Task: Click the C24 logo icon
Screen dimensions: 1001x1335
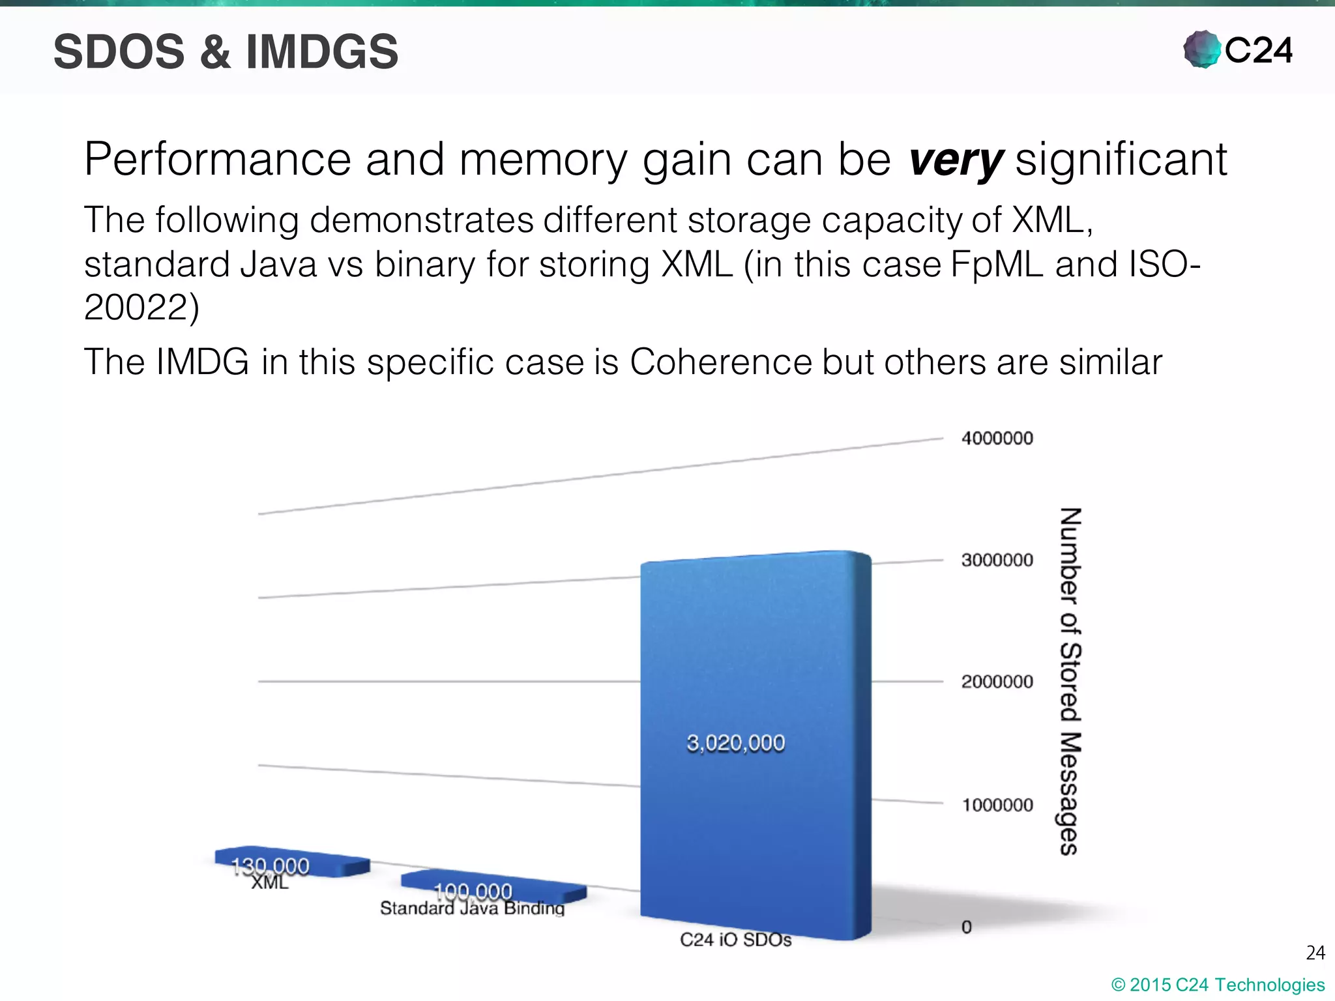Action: (1201, 50)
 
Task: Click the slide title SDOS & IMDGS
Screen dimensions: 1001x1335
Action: (226, 52)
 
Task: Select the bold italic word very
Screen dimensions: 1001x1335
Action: (956, 160)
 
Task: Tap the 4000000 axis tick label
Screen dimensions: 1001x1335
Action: (997, 438)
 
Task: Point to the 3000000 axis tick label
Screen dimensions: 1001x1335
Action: (997, 560)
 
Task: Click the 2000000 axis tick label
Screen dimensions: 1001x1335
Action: (997, 682)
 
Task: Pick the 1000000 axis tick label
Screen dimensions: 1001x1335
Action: (997, 805)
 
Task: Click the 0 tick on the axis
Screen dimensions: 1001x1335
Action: (967, 927)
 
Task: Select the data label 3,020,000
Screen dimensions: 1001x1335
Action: (735, 743)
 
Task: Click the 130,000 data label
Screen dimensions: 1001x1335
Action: (270, 865)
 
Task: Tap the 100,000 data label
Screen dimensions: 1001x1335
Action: (473, 890)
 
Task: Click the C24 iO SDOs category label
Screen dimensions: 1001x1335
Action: (735, 940)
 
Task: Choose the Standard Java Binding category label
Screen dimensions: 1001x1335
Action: (472, 908)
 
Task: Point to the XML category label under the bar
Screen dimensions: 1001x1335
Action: (269, 882)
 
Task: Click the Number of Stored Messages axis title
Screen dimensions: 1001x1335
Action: (1069, 681)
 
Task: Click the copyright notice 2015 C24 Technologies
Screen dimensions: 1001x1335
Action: (1218, 985)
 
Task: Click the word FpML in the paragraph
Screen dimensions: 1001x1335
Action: (997, 265)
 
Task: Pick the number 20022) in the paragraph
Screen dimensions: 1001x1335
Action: (141, 308)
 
